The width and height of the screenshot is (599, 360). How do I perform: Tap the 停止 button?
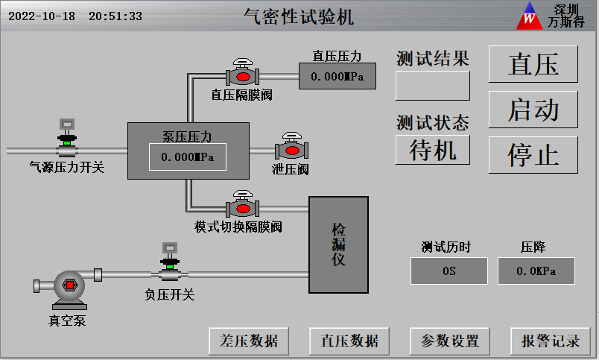point(533,154)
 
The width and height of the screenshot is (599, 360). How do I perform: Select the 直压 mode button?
point(533,65)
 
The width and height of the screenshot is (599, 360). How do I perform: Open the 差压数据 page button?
point(249,341)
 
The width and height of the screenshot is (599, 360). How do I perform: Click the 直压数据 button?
point(349,341)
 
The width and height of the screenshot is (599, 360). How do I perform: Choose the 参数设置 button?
point(450,341)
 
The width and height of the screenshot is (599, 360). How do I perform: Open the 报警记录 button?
point(550,341)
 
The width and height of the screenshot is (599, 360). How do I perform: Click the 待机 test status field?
point(433,150)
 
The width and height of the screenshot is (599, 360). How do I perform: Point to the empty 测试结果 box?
point(433,85)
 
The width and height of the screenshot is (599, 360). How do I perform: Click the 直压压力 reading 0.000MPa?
point(337,76)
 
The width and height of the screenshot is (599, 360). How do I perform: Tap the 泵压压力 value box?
point(188,157)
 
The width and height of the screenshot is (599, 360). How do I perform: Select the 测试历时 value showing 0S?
point(449,271)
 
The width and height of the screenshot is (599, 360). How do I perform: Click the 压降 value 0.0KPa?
point(536,271)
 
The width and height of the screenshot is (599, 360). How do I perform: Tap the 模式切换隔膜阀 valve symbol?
point(241,205)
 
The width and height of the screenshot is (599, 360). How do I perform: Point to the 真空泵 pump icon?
point(67,287)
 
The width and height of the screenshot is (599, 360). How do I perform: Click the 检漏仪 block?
point(339,244)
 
